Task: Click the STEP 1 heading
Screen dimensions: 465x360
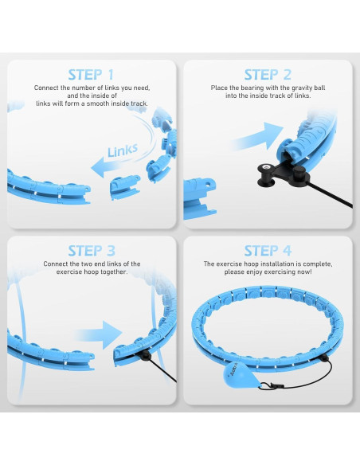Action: click(x=95, y=74)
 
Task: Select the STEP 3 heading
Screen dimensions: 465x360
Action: click(x=95, y=250)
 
